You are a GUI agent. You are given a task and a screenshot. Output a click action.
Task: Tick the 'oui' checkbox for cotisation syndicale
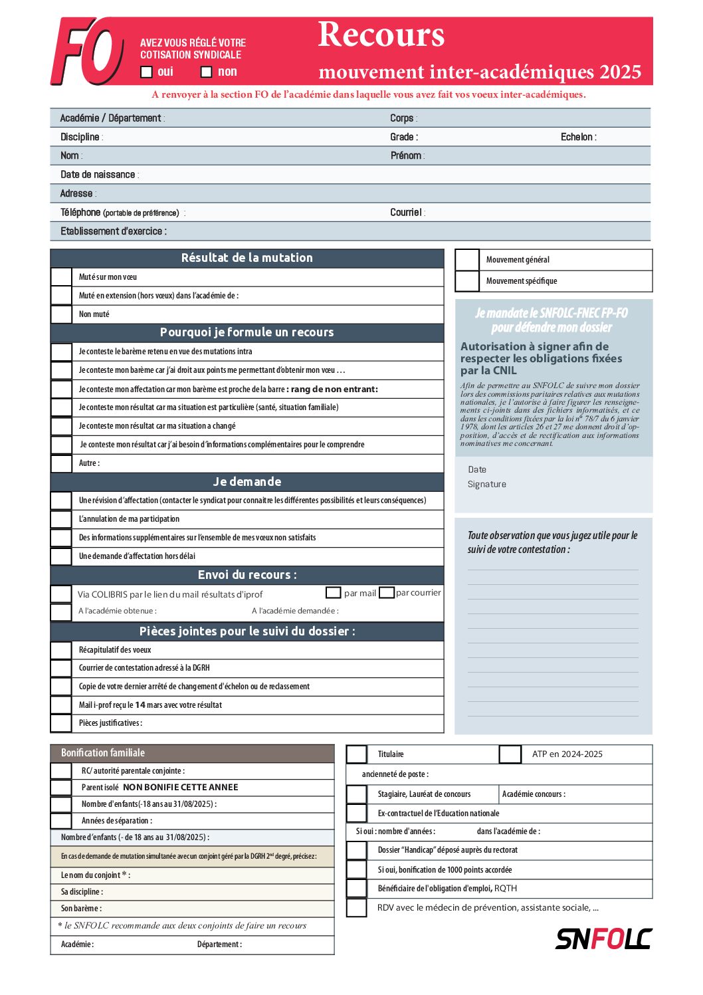[x=147, y=72]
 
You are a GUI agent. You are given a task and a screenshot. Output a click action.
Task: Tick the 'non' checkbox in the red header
[x=207, y=72]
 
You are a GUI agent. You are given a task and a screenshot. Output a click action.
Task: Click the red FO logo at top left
[x=87, y=52]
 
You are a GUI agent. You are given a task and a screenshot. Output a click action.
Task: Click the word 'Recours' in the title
[x=381, y=35]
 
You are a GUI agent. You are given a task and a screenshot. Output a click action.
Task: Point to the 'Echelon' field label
[x=577, y=137]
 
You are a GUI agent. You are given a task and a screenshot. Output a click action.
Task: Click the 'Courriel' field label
[x=406, y=213]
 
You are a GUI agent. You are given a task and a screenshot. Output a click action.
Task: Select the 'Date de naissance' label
[x=98, y=175]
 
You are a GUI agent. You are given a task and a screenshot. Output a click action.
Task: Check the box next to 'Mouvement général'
[x=467, y=260]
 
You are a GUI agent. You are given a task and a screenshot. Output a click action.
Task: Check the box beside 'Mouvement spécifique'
[x=467, y=281]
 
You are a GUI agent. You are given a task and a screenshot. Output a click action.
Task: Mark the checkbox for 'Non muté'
[x=62, y=314]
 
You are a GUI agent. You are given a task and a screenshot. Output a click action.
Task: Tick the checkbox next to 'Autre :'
[x=62, y=463]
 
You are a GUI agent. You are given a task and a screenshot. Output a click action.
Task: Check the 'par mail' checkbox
[x=334, y=592]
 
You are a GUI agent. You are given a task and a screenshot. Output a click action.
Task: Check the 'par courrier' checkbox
[x=387, y=592]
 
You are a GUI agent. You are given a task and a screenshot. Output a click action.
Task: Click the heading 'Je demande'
[x=247, y=482]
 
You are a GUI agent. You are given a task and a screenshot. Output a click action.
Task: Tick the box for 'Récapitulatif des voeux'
[x=62, y=650]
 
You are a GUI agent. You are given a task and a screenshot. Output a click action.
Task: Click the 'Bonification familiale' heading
[x=103, y=753]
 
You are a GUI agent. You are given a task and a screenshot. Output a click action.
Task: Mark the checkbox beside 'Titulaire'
[x=357, y=754]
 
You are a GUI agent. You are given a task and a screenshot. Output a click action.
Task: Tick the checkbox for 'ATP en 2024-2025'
[x=510, y=754]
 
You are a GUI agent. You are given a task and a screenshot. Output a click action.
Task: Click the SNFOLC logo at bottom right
[x=603, y=939]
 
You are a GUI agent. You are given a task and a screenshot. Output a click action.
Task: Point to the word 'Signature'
[x=487, y=485]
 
